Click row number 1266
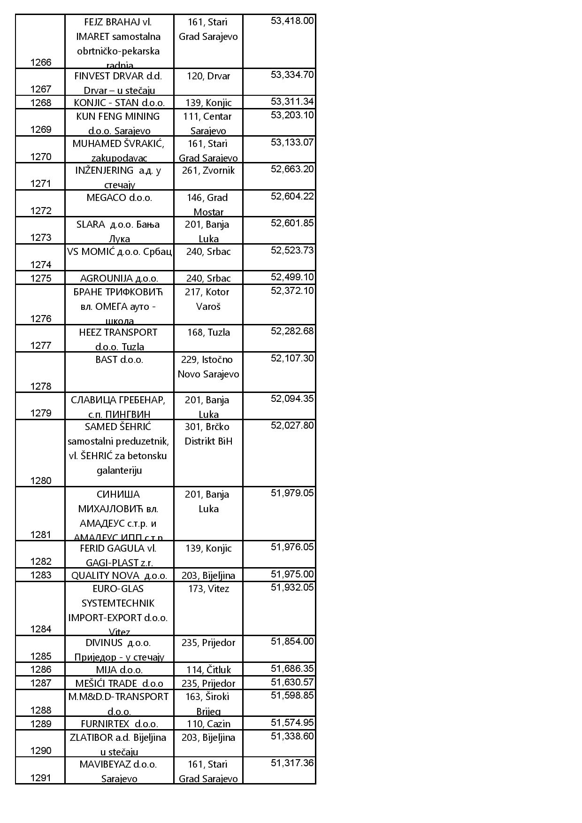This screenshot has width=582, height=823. [41, 62]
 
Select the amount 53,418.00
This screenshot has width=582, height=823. [292, 21]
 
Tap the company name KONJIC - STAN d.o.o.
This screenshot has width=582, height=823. [119, 103]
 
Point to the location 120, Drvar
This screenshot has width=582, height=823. [208, 76]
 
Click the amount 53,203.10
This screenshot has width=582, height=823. [292, 115]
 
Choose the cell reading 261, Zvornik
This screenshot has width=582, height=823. [208, 170]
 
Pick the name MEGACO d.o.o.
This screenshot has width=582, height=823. [119, 198]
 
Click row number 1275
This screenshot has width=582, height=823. [41, 278]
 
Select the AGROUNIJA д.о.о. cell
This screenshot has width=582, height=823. [119, 278]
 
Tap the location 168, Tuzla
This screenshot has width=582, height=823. [208, 332]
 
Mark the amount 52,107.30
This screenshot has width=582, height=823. [292, 359]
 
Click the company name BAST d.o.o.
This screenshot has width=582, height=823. [119, 360]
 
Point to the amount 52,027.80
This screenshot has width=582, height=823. [292, 426]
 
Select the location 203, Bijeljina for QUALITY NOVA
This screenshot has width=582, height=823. [208, 576]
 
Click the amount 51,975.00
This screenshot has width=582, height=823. [292, 575]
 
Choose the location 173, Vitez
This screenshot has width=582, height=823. [208, 589]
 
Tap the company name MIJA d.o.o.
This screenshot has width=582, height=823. [119, 670]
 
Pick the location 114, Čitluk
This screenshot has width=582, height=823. [208, 670]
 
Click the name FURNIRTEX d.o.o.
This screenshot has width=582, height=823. [119, 724]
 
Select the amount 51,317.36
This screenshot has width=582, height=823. [292, 763]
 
